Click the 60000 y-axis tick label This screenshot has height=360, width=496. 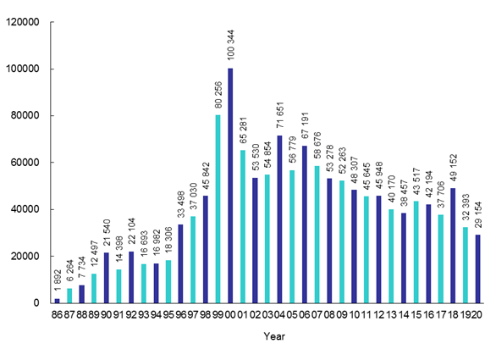(25, 163)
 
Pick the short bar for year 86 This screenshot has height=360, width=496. (57, 301)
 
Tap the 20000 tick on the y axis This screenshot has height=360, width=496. (25, 257)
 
